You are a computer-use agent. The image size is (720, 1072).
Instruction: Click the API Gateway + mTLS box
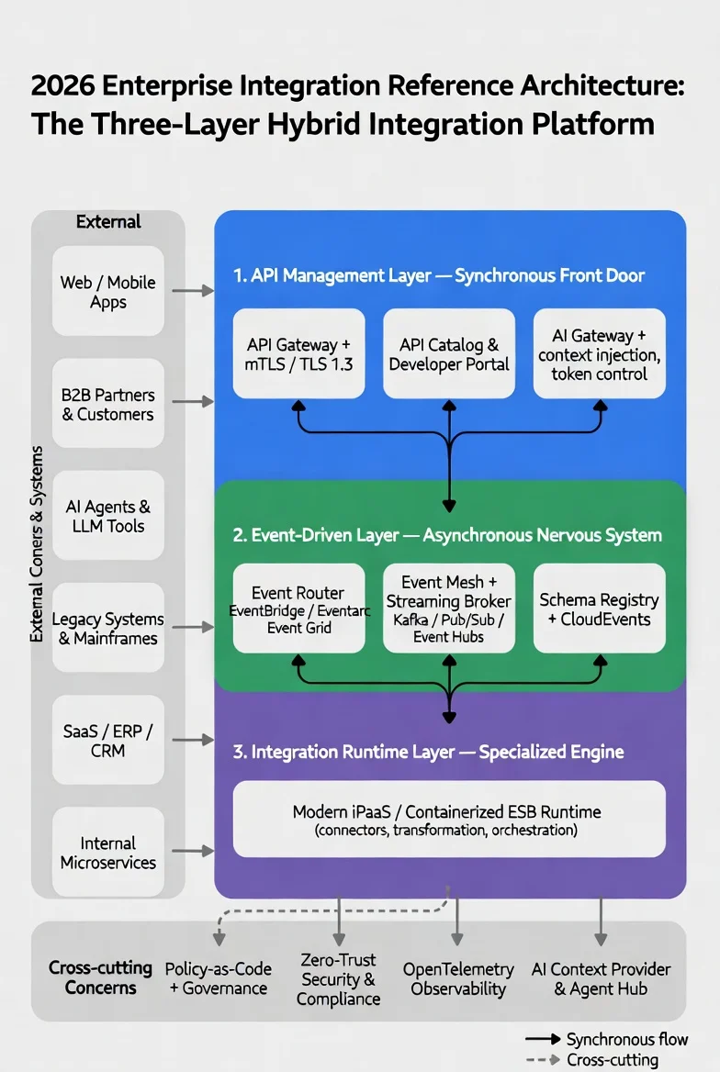coord(298,353)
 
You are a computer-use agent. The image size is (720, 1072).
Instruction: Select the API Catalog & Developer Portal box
coord(449,353)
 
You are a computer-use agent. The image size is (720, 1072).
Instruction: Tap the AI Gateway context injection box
coord(599,353)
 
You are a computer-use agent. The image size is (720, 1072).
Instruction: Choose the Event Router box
coord(298,608)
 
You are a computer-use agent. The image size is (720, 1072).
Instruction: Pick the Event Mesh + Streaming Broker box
coord(449,608)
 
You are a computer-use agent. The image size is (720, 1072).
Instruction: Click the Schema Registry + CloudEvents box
coord(599,608)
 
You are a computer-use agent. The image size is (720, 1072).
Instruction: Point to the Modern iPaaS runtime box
coord(449,819)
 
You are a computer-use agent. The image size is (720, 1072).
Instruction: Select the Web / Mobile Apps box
coord(108,291)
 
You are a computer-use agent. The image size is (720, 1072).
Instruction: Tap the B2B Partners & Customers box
coord(108,404)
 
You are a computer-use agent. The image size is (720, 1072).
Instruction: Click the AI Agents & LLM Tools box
coord(108,516)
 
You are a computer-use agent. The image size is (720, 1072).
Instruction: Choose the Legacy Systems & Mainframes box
coord(108,628)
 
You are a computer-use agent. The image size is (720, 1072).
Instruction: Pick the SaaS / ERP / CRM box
coord(108,740)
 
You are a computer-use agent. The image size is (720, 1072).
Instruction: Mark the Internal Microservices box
coord(108,852)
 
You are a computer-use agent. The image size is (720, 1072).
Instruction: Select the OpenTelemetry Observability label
coord(458,978)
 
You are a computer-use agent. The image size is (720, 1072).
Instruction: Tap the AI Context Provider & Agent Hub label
coord(601,978)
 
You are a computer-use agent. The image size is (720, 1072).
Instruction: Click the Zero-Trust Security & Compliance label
coord(338,978)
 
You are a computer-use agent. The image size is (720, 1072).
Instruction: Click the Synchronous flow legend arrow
coord(542,1039)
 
